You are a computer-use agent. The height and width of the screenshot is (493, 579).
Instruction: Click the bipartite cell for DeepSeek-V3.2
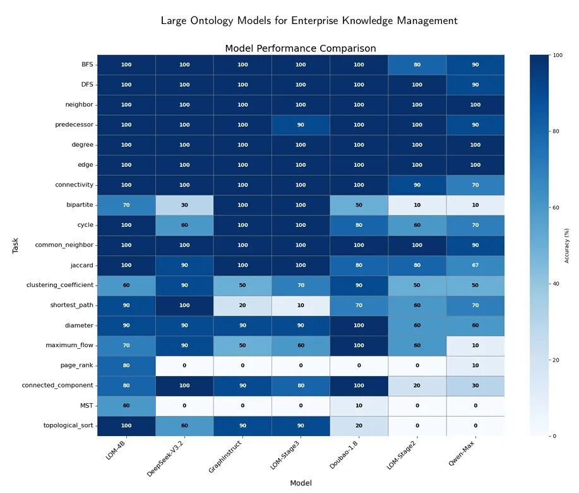click(x=184, y=205)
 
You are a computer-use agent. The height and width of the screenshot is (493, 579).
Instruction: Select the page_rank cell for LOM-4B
click(x=126, y=365)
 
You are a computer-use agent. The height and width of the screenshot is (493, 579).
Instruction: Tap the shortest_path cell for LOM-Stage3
click(x=301, y=305)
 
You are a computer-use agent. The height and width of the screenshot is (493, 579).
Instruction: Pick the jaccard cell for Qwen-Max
click(x=475, y=265)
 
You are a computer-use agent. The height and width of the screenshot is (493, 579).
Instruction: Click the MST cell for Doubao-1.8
click(x=359, y=405)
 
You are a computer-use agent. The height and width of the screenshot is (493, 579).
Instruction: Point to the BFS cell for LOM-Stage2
click(x=417, y=64)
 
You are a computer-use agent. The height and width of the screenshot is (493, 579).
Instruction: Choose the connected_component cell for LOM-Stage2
click(x=417, y=386)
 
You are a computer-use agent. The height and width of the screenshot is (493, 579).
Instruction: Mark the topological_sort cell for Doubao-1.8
click(x=359, y=425)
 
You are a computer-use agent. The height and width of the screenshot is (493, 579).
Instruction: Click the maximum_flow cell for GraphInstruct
click(x=242, y=345)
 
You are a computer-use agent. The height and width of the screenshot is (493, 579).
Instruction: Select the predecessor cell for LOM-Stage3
click(x=301, y=125)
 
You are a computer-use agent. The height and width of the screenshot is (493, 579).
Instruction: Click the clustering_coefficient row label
click(x=60, y=285)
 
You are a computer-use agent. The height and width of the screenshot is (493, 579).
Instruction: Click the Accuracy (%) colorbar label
click(x=566, y=245)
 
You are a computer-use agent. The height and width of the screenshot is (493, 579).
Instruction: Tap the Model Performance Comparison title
click(x=301, y=49)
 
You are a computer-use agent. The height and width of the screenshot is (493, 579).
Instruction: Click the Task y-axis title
click(x=15, y=245)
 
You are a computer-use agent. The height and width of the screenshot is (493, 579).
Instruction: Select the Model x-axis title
click(x=301, y=483)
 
